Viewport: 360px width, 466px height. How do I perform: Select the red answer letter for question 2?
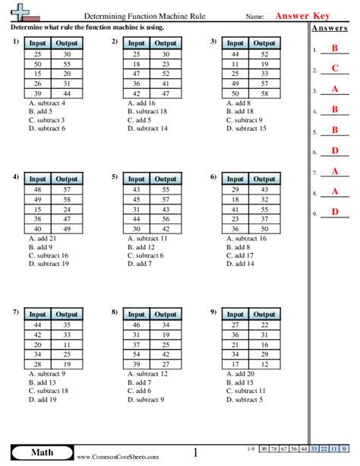tap(335, 69)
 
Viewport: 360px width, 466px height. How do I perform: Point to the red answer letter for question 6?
tap(335, 151)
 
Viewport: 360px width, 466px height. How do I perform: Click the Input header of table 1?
tap(37, 44)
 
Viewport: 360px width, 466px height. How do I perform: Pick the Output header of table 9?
tap(264, 314)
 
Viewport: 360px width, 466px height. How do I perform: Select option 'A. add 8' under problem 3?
tap(240, 103)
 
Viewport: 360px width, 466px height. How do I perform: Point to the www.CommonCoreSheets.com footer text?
tap(118, 457)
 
